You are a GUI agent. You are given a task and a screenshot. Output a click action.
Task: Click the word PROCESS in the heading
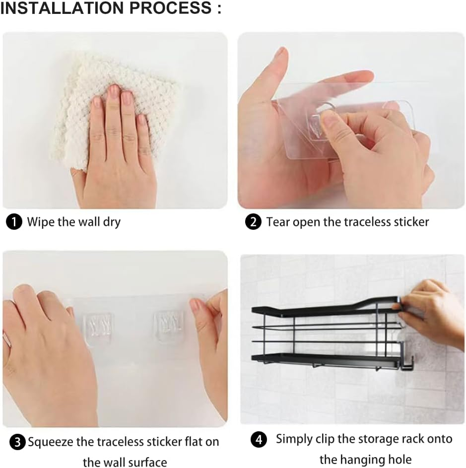170,8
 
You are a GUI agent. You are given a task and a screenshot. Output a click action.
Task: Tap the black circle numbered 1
14,222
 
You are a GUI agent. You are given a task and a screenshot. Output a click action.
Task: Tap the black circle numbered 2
253,222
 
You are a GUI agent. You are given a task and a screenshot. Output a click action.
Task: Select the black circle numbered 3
17,442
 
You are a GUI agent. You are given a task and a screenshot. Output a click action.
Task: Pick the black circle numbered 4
259,440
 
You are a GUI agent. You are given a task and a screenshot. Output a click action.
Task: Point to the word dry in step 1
112,223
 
